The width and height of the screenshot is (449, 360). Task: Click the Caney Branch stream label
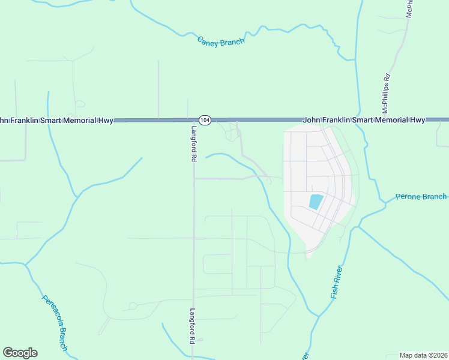(221, 41)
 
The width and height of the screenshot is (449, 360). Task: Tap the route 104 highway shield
(205, 120)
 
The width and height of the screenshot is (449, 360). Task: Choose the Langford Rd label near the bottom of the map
(193, 326)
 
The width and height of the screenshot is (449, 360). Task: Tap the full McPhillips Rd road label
(387, 94)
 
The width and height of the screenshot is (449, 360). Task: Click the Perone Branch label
(421, 197)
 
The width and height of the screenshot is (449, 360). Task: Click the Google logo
(20, 353)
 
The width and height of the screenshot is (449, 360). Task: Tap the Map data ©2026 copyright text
(424, 355)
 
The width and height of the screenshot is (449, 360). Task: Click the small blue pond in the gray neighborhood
(316, 202)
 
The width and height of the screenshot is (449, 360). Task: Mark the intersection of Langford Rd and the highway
(194, 120)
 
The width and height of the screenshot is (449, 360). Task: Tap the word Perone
(409, 197)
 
